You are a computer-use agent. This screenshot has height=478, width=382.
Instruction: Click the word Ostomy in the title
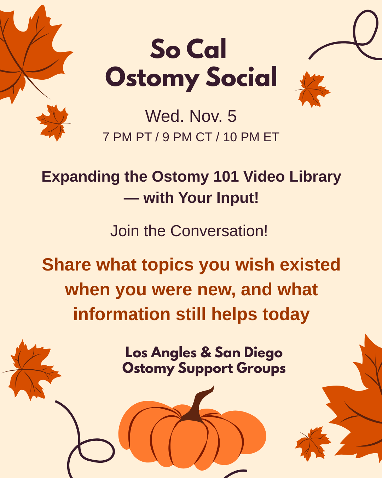[152, 78]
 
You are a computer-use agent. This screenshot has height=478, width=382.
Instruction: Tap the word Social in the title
[241, 76]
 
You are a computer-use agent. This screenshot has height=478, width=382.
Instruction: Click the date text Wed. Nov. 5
[191, 116]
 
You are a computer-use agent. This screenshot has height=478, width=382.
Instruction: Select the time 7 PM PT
[127, 137]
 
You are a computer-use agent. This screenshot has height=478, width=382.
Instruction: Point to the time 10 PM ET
[251, 137]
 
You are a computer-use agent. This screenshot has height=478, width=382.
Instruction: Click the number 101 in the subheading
[226, 177]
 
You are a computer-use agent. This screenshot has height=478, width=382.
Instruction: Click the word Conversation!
[219, 231]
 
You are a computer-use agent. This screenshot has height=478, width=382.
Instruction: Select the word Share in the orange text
[66, 265]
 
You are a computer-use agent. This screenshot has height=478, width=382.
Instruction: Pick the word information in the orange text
[122, 314]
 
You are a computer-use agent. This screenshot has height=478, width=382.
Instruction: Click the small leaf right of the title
[313, 89]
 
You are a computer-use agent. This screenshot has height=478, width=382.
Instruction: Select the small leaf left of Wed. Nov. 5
[53, 123]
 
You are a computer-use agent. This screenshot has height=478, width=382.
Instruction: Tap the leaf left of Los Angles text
[31, 370]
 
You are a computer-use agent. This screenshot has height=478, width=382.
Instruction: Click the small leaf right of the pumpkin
[313, 443]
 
